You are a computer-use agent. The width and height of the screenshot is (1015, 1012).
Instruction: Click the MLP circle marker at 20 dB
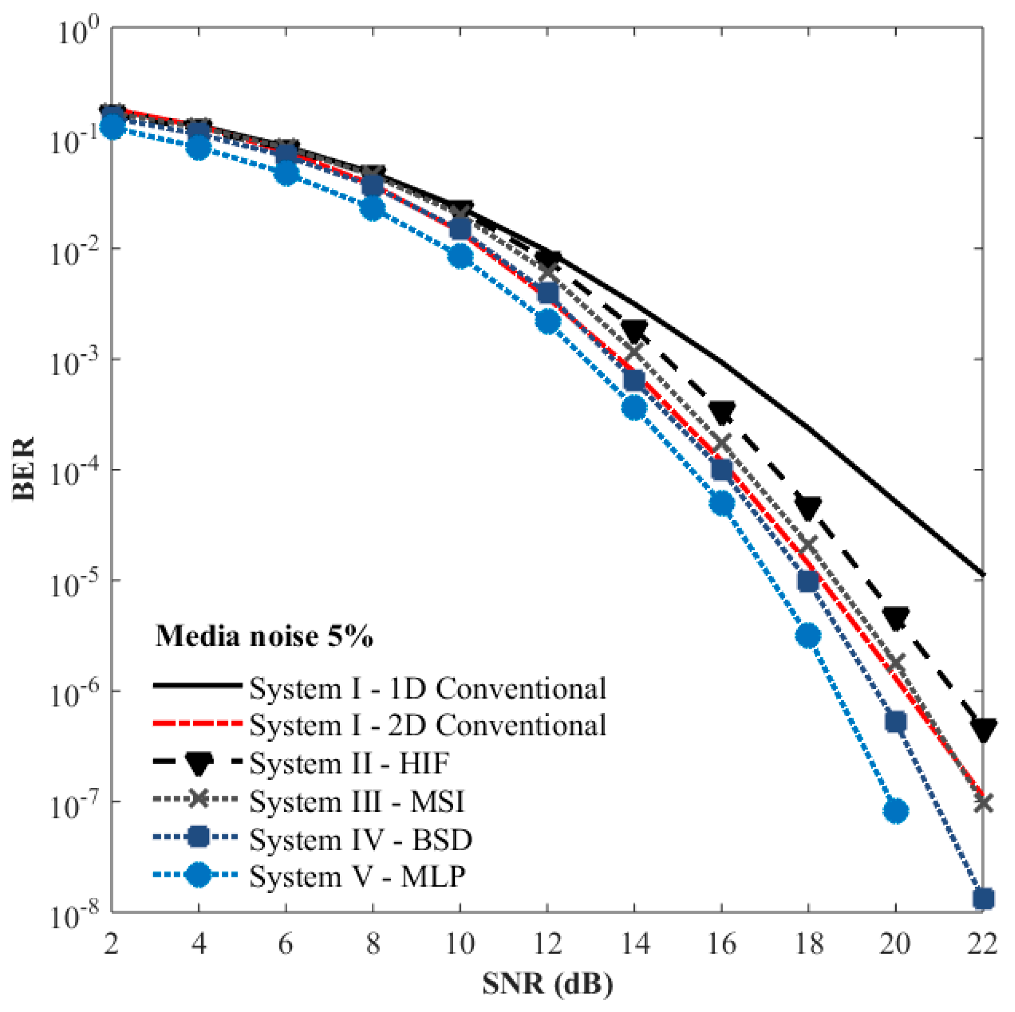point(896,811)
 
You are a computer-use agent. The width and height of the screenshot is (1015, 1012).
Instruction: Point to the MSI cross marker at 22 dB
point(983,803)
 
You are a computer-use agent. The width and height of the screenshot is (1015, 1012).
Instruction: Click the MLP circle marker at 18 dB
point(808,636)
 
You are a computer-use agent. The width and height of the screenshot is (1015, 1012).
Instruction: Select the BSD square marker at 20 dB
point(896,722)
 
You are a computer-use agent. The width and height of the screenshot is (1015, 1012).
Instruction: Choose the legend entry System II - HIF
point(349,763)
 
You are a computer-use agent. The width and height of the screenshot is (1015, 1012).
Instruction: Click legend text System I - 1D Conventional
point(428,688)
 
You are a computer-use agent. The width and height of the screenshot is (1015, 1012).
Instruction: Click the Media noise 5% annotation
point(264,636)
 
